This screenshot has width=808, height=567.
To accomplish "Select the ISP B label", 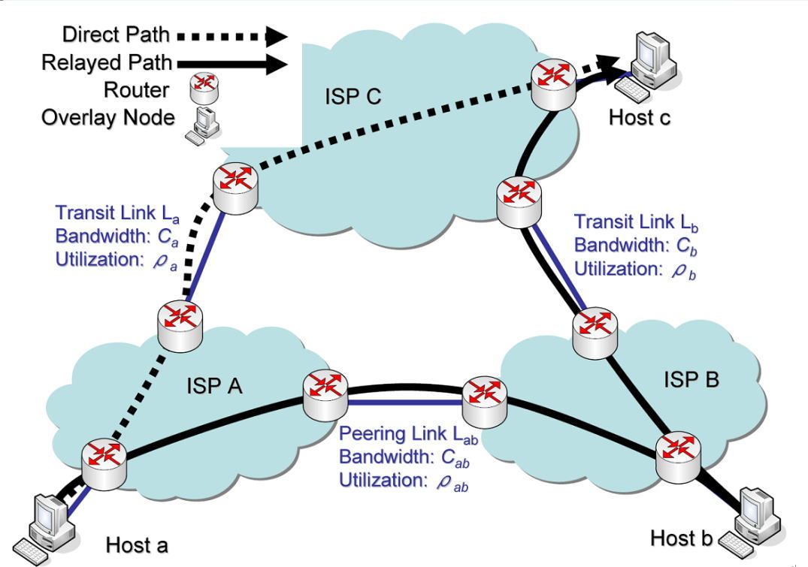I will pyautogui.click(x=691, y=380).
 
